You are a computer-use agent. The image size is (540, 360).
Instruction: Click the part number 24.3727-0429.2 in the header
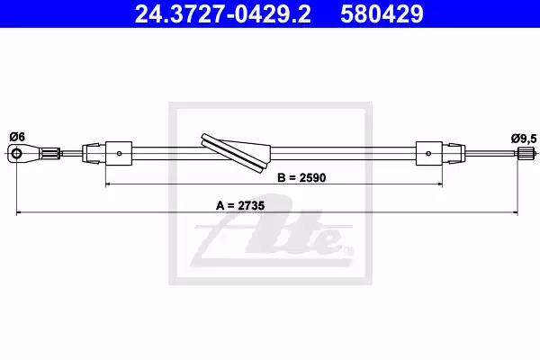click(223, 14)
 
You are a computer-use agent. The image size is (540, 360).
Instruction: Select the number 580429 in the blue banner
click(382, 14)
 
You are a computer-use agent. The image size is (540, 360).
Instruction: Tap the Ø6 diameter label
click(18, 137)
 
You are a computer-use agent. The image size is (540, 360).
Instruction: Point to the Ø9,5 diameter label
click(524, 139)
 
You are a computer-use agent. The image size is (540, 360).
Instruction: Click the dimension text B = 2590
click(301, 178)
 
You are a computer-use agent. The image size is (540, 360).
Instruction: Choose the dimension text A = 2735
click(240, 206)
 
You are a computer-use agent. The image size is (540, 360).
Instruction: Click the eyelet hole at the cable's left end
click(16, 153)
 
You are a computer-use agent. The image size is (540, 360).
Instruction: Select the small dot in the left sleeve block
click(119, 153)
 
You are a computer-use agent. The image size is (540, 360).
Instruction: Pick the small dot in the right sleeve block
click(428, 153)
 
